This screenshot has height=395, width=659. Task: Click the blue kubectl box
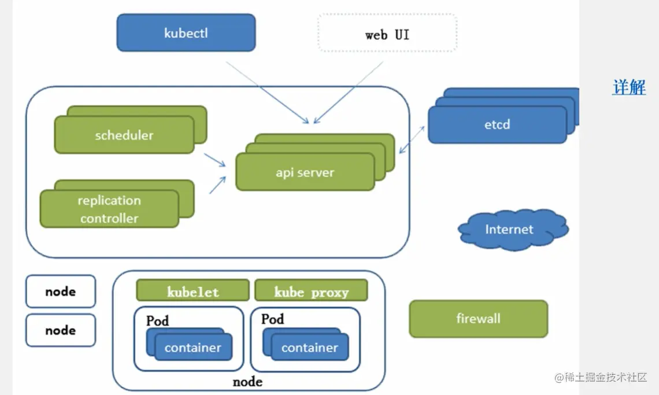[x=186, y=33]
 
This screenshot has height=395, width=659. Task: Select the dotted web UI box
[x=387, y=34]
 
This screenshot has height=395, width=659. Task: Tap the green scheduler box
[x=124, y=135]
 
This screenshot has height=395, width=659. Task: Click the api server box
[x=305, y=172]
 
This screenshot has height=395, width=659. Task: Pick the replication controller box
[x=109, y=209]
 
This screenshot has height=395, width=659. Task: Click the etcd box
[x=497, y=124]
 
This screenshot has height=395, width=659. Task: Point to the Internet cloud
[x=509, y=230]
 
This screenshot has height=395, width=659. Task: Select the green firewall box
[x=478, y=319]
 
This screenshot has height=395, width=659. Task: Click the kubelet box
[x=192, y=291]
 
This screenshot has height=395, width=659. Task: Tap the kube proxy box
[x=311, y=291]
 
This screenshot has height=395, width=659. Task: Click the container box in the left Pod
[x=192, y=348]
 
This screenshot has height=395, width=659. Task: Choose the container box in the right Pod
[x=309, y=348]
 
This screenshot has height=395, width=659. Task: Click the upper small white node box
[x=61, y=291]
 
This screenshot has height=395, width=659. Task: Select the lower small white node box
[x=61, y=330]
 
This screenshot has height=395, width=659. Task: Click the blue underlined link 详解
[x=629, y=87]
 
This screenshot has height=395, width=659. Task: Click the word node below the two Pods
[x=247, y=382]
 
